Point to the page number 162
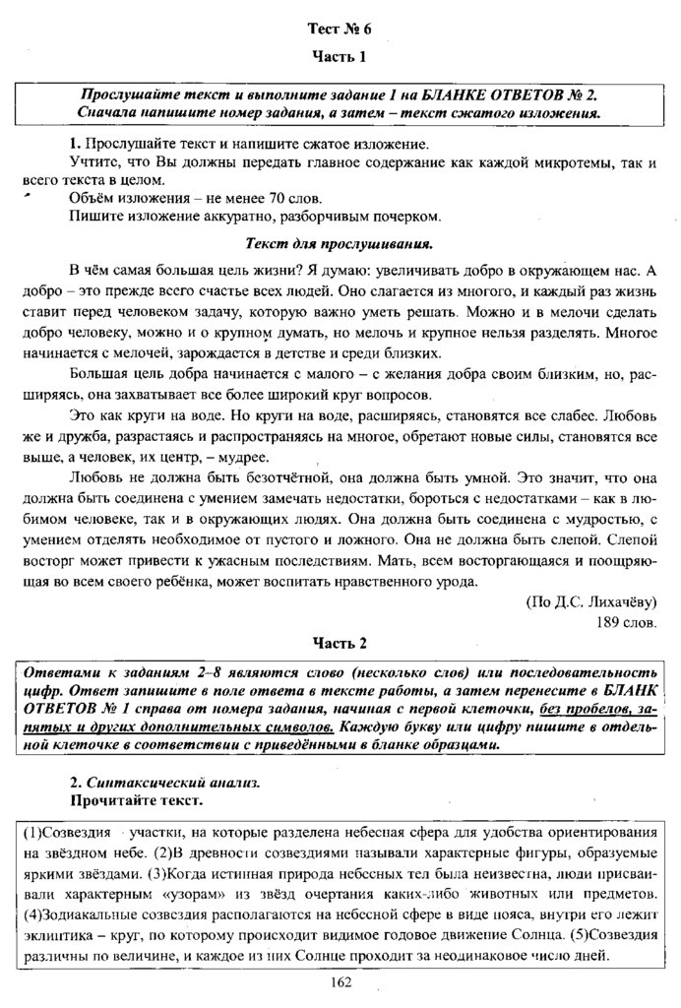(x=340, y=980)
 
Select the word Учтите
(x=93, y=160)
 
